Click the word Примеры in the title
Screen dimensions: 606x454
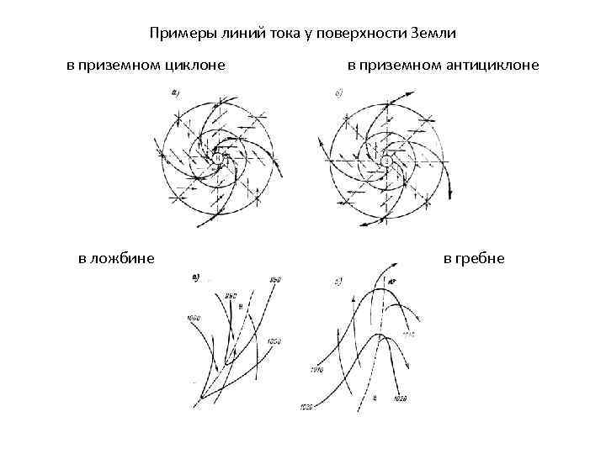click(x=178, y=34)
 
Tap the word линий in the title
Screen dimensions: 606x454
click(x=237, y=34)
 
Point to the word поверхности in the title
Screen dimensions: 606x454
click(x=356, y=34)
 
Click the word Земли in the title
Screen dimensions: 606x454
click(x=432, y=34)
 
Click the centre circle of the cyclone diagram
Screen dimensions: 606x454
click(x=217, y=158)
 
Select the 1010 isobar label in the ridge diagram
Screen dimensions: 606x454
click(x=318, y=368)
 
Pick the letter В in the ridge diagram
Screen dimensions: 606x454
click(x=374, y=395)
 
